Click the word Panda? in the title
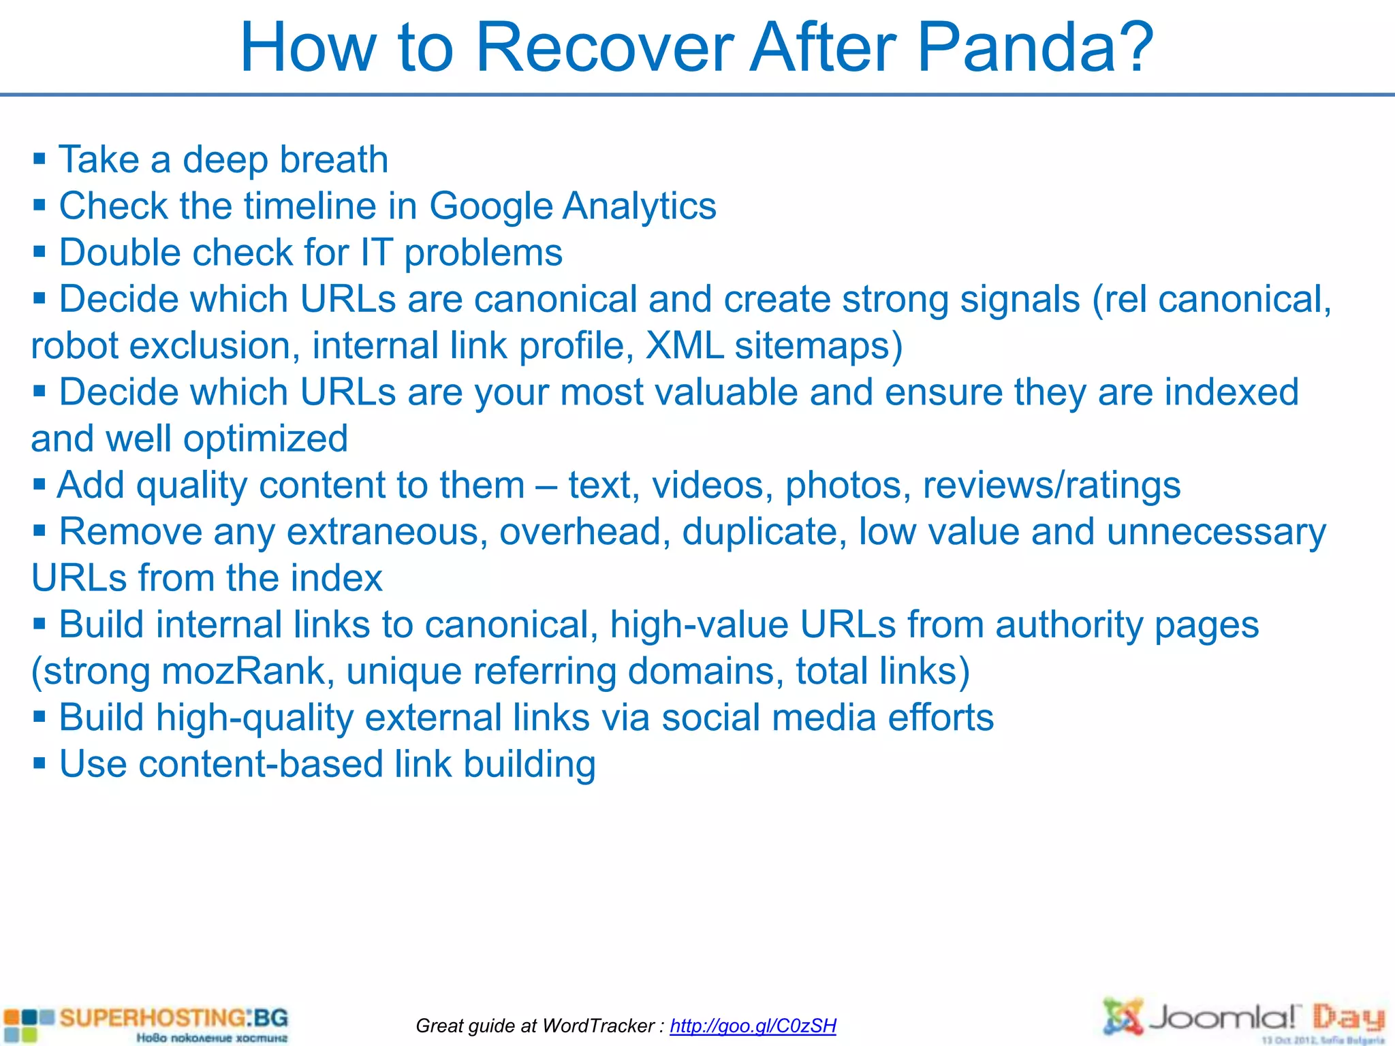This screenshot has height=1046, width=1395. point(1035,48)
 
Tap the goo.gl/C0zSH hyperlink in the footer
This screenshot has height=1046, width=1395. point(753,1026)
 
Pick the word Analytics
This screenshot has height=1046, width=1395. point(640,206)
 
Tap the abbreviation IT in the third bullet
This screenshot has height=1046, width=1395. point(377,253)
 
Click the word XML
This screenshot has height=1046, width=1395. point(684,345)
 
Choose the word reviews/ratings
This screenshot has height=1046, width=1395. point(1052,486)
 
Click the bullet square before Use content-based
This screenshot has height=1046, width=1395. point(40,763)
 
